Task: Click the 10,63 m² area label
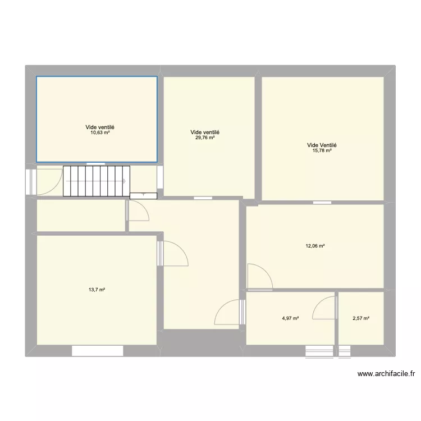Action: [100, 132]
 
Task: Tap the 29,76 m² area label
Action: [204, 138]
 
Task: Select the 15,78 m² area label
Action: [322, 150]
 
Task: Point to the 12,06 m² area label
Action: [315, 246]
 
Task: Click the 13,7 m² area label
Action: [97, 290]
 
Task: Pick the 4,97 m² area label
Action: [290, 318]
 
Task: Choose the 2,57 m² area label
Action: [361, 318]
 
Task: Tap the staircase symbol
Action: [96, 181]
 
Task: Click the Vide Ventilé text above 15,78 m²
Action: [322, 145]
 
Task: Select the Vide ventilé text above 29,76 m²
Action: [204, 132]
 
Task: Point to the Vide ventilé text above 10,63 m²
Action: [100, 127]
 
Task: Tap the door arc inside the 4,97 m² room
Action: [324, 308]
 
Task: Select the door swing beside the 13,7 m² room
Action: [175, 253]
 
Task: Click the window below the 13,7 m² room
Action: [97, 351]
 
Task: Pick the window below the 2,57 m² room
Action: [345, 351]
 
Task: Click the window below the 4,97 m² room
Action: [319, 351]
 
